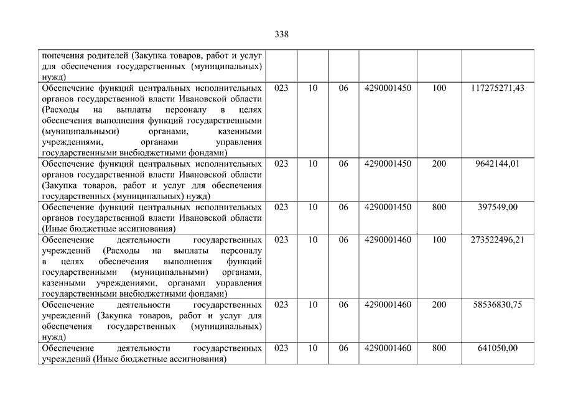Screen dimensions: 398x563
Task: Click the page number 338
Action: [x=281, y=34]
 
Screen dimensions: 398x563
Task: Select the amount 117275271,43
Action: [x=498, y=88]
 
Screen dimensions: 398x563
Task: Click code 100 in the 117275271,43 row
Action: [x=439, y=88]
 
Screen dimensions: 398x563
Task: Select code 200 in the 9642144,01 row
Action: [x=439, y=164]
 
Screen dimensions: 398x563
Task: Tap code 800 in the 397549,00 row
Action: [x=439, y=207]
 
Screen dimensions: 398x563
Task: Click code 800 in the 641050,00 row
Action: [x=439, y=348]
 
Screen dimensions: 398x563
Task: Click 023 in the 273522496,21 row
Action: [x=281, y=239]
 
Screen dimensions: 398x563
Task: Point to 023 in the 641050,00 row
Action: [x=281, y=348]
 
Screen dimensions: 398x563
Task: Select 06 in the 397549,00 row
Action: [x=343, y=207]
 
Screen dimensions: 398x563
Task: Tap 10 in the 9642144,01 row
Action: [x=313, y=164]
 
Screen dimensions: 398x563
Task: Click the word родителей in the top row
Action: [x=100, y=55]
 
